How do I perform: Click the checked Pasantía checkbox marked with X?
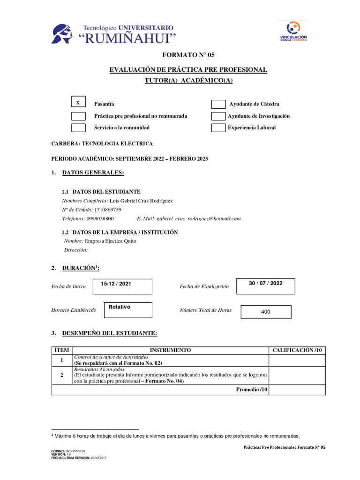click(x=78, y=103)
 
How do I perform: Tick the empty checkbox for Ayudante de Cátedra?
click(x=218, y=104)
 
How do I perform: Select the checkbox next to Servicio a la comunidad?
click(x=78, y=127)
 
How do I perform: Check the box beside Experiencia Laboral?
click(x=218, y=127)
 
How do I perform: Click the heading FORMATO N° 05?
click(x=188, y=55)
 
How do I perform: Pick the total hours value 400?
click(x=266, y=312)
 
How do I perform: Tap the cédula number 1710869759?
click(x=107, y=210)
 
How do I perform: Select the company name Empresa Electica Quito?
click(x=107, y=241)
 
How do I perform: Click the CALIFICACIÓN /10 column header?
click(x=298, y=350)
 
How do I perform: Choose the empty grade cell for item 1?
click(x=298, y=360)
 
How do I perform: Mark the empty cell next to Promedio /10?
click(x=298, y=390)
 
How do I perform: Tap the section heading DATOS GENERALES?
click(x=93, y=173)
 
